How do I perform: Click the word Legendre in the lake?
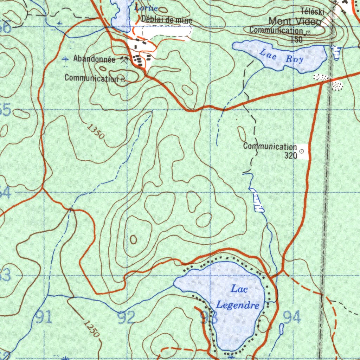point(238,305)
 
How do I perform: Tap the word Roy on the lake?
point(294,59)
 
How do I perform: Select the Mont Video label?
point(295,21)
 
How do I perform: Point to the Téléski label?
point(313,12)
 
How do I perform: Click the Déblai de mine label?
point(167,20)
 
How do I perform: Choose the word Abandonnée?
point(94,59)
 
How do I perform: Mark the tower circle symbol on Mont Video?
point(308,33)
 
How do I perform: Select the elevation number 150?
point(296,39)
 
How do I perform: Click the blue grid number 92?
point(126,317)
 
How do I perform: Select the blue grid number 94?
point(292,317)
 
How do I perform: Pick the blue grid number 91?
point(44,317)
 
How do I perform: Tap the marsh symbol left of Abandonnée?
point(65,59)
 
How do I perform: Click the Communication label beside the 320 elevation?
point(270,146)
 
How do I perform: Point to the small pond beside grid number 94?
point(281,329)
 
